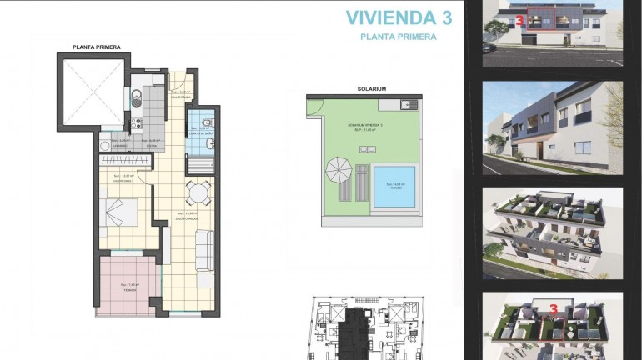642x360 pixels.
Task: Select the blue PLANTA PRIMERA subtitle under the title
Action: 398,37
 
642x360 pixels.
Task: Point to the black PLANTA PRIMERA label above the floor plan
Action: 96,47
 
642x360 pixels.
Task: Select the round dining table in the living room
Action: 197,194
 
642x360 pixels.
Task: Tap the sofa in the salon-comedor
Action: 203,248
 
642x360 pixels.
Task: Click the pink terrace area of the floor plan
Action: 128,285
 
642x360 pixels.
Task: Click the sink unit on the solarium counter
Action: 407,105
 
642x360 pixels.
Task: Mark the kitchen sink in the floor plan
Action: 136,97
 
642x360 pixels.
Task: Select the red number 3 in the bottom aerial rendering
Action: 554,308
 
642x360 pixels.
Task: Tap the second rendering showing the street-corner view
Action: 553,127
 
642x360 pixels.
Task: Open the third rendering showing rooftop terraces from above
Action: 553,232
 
